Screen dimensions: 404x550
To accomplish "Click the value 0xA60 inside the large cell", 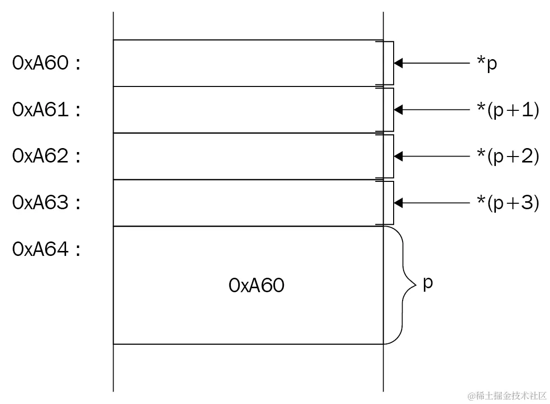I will pyautogui.click(x=257, y=285).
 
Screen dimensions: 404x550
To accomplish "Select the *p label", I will pyautogui.click(x=486, y=64).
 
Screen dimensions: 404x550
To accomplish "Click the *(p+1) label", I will pyautogui.click(x=507, y=110).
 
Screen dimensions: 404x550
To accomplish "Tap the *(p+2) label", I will pyautogui.click(x=507, y=156).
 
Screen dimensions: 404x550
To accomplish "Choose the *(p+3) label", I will pyautogui.click(x=507, y=203).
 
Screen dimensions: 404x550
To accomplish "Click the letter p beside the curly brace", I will pyautogui.click(x=428, y=283).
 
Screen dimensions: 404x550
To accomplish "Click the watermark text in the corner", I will pyautogui.click(x=506, y=396).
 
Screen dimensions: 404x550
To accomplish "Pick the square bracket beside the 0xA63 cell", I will pyautogui.click(x=392, y=203).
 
